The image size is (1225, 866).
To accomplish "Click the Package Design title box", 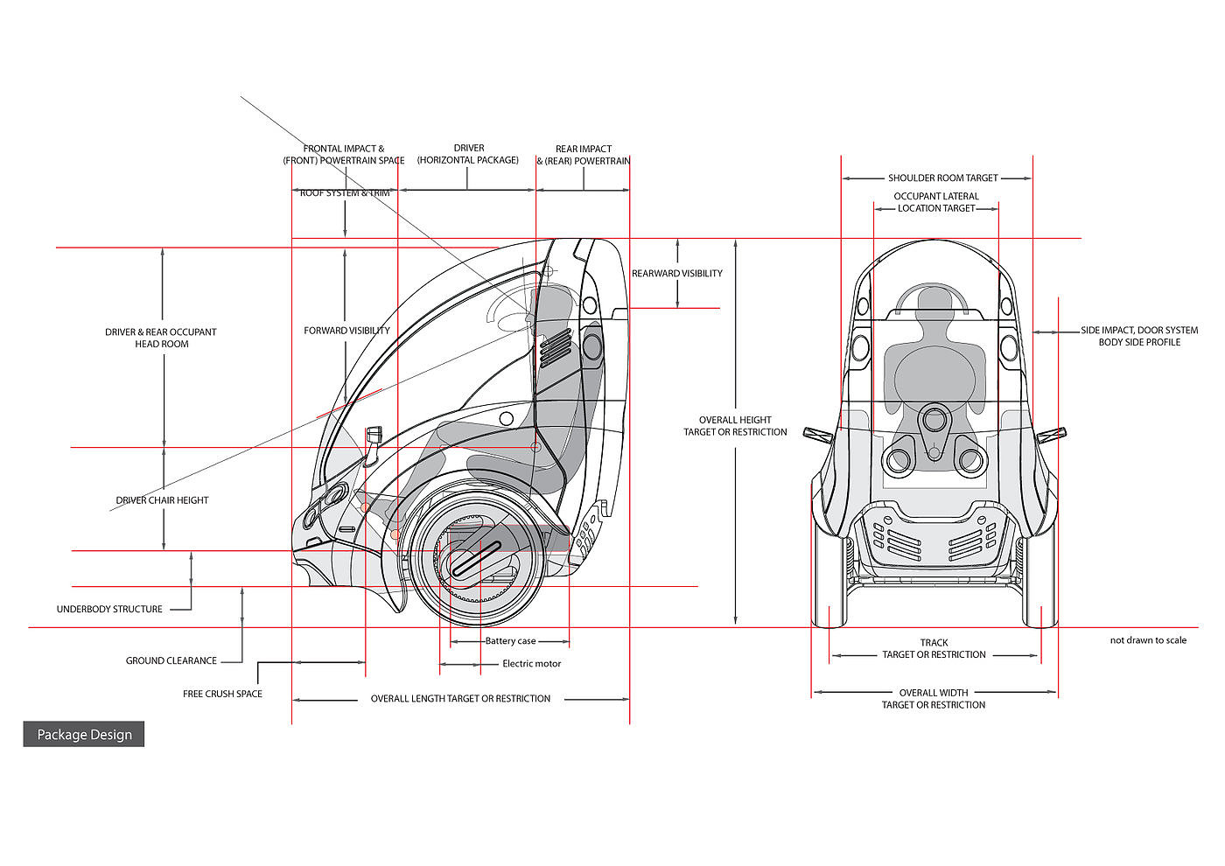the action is (x=84, y=734).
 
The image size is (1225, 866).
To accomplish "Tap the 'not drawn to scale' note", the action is (x=1148, y=640).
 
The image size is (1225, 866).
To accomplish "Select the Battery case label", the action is (x=510, y=640).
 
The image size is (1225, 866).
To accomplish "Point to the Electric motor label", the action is (x=532, y=664).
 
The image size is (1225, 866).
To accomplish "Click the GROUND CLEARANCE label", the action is (x=171, y=660).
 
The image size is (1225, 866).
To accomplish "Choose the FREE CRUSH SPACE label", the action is (x=222, y=694).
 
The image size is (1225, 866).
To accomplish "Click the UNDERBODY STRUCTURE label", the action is (x=109, y=609).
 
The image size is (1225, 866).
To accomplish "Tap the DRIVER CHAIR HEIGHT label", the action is (x=162, y=500).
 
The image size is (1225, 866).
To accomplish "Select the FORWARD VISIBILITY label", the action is (x=346, y=331).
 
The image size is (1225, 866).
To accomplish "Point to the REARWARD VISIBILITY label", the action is (x=677, y=273).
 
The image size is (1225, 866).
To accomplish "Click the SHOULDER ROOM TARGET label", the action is (x=943, y=178).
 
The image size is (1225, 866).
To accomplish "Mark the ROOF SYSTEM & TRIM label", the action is (x=345, y=193).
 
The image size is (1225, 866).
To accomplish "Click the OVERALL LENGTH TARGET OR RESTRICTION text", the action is (x=460, y=699).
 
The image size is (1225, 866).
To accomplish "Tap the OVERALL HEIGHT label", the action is (x=735, y=420).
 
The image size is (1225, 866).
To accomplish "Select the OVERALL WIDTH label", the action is (x=934, y=693).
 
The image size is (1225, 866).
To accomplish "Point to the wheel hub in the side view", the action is (x=476, y=559).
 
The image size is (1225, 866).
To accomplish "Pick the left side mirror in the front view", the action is (x=817, y=436).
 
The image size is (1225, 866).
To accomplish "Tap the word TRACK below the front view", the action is (x=934, y=642).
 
